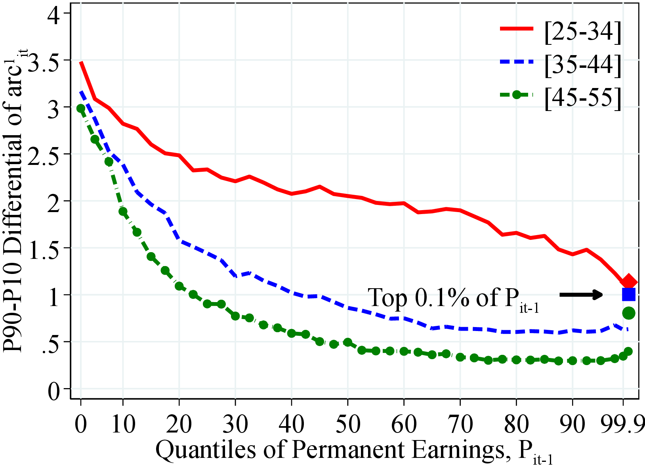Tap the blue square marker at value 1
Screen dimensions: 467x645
pyautogui.click(x=629, y=295)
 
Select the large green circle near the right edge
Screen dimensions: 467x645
pyautogui.click(x=629, y=313)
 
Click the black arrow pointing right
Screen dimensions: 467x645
pyautogui.click(x=581, y=295)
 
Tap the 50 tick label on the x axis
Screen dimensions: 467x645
pyautogui.click(x=347, y=423)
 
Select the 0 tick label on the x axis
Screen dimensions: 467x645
pyautogui.click(x=81, y=423)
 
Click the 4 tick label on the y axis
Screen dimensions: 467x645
pyautogui.click(x=54, y=13)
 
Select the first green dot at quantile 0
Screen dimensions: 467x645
pyautogui.click(x=81, y=108)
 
